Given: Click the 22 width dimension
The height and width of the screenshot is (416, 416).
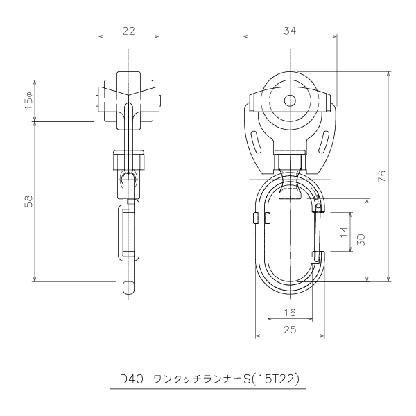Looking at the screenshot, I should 128,31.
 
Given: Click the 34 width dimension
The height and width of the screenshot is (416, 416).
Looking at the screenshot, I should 289,31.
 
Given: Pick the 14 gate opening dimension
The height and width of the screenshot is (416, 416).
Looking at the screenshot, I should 343,232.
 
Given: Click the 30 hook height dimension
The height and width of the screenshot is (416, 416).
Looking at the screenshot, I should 360,239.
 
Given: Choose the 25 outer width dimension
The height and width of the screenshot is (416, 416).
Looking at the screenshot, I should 289,330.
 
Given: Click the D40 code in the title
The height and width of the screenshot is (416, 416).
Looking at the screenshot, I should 131,379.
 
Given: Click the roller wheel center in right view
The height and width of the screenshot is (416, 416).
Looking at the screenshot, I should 289,100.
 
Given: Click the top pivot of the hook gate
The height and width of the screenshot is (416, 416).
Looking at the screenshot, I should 318,205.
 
